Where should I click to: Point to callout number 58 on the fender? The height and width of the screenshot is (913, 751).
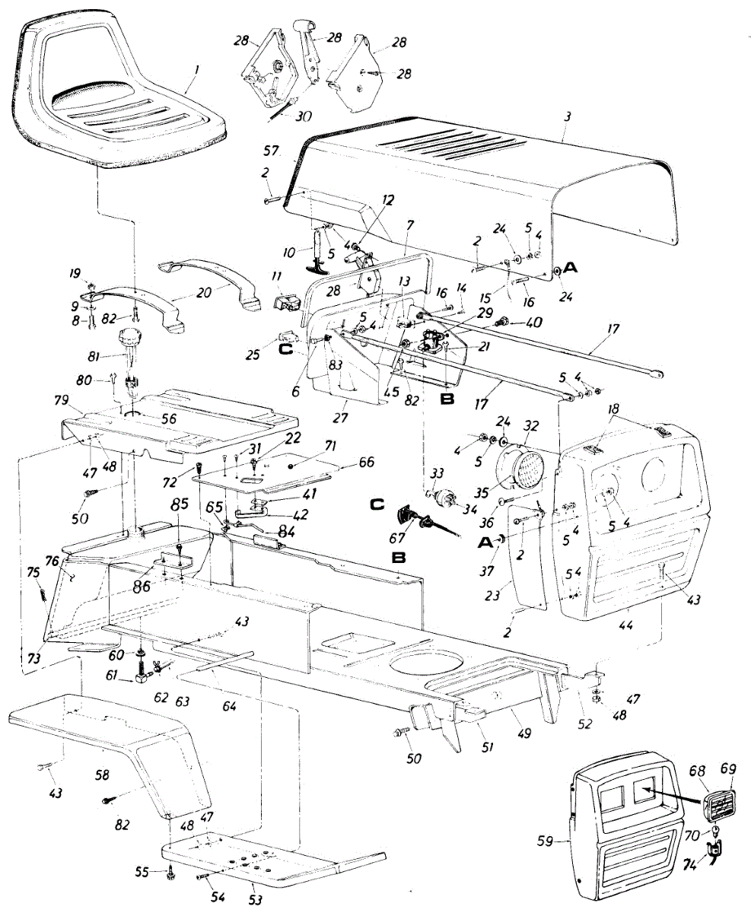[x=102, y=775]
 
